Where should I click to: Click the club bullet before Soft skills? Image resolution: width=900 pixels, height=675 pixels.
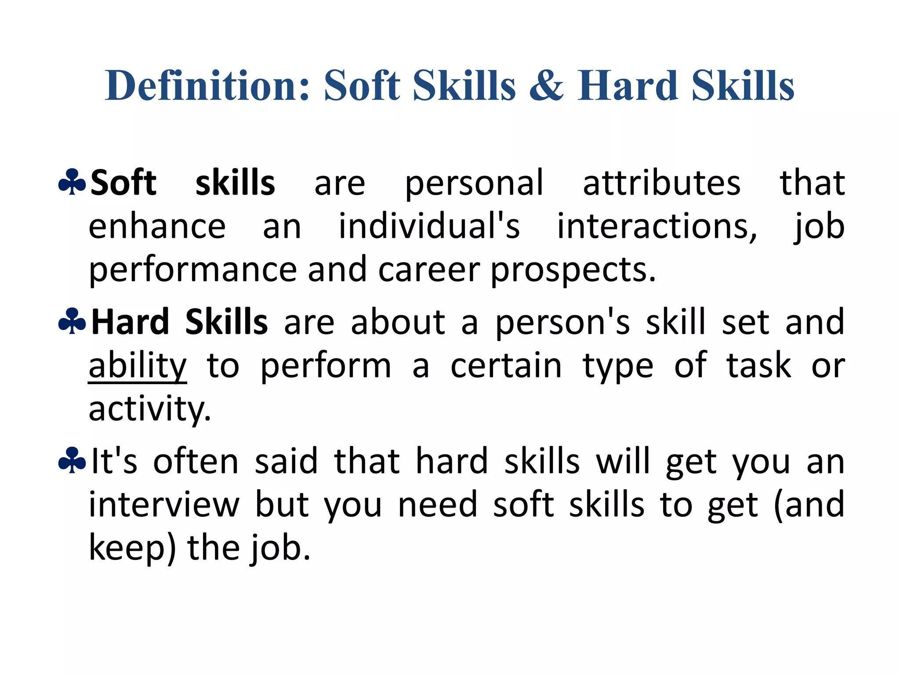(72, 182)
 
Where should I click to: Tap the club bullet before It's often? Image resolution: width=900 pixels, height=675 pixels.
(72, 461)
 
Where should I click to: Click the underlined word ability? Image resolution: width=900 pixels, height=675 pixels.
(138, 366)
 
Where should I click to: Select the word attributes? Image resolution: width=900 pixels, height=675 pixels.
(661, 183)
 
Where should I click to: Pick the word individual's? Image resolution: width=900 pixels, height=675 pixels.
(429, 227)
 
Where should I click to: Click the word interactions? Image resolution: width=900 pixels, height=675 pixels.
(657, 227)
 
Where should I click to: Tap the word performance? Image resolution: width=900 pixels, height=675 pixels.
(192, 270)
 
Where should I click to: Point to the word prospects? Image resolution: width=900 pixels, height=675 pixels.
(573, 270)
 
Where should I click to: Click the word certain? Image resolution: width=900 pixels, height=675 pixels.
(506, 366)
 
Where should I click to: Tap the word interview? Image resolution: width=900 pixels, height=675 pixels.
(164, 505)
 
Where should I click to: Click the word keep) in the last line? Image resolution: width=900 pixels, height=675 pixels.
(132, 548)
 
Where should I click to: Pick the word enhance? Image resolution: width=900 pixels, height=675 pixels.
(157, 227)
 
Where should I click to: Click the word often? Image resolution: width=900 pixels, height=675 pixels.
(196, 461)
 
